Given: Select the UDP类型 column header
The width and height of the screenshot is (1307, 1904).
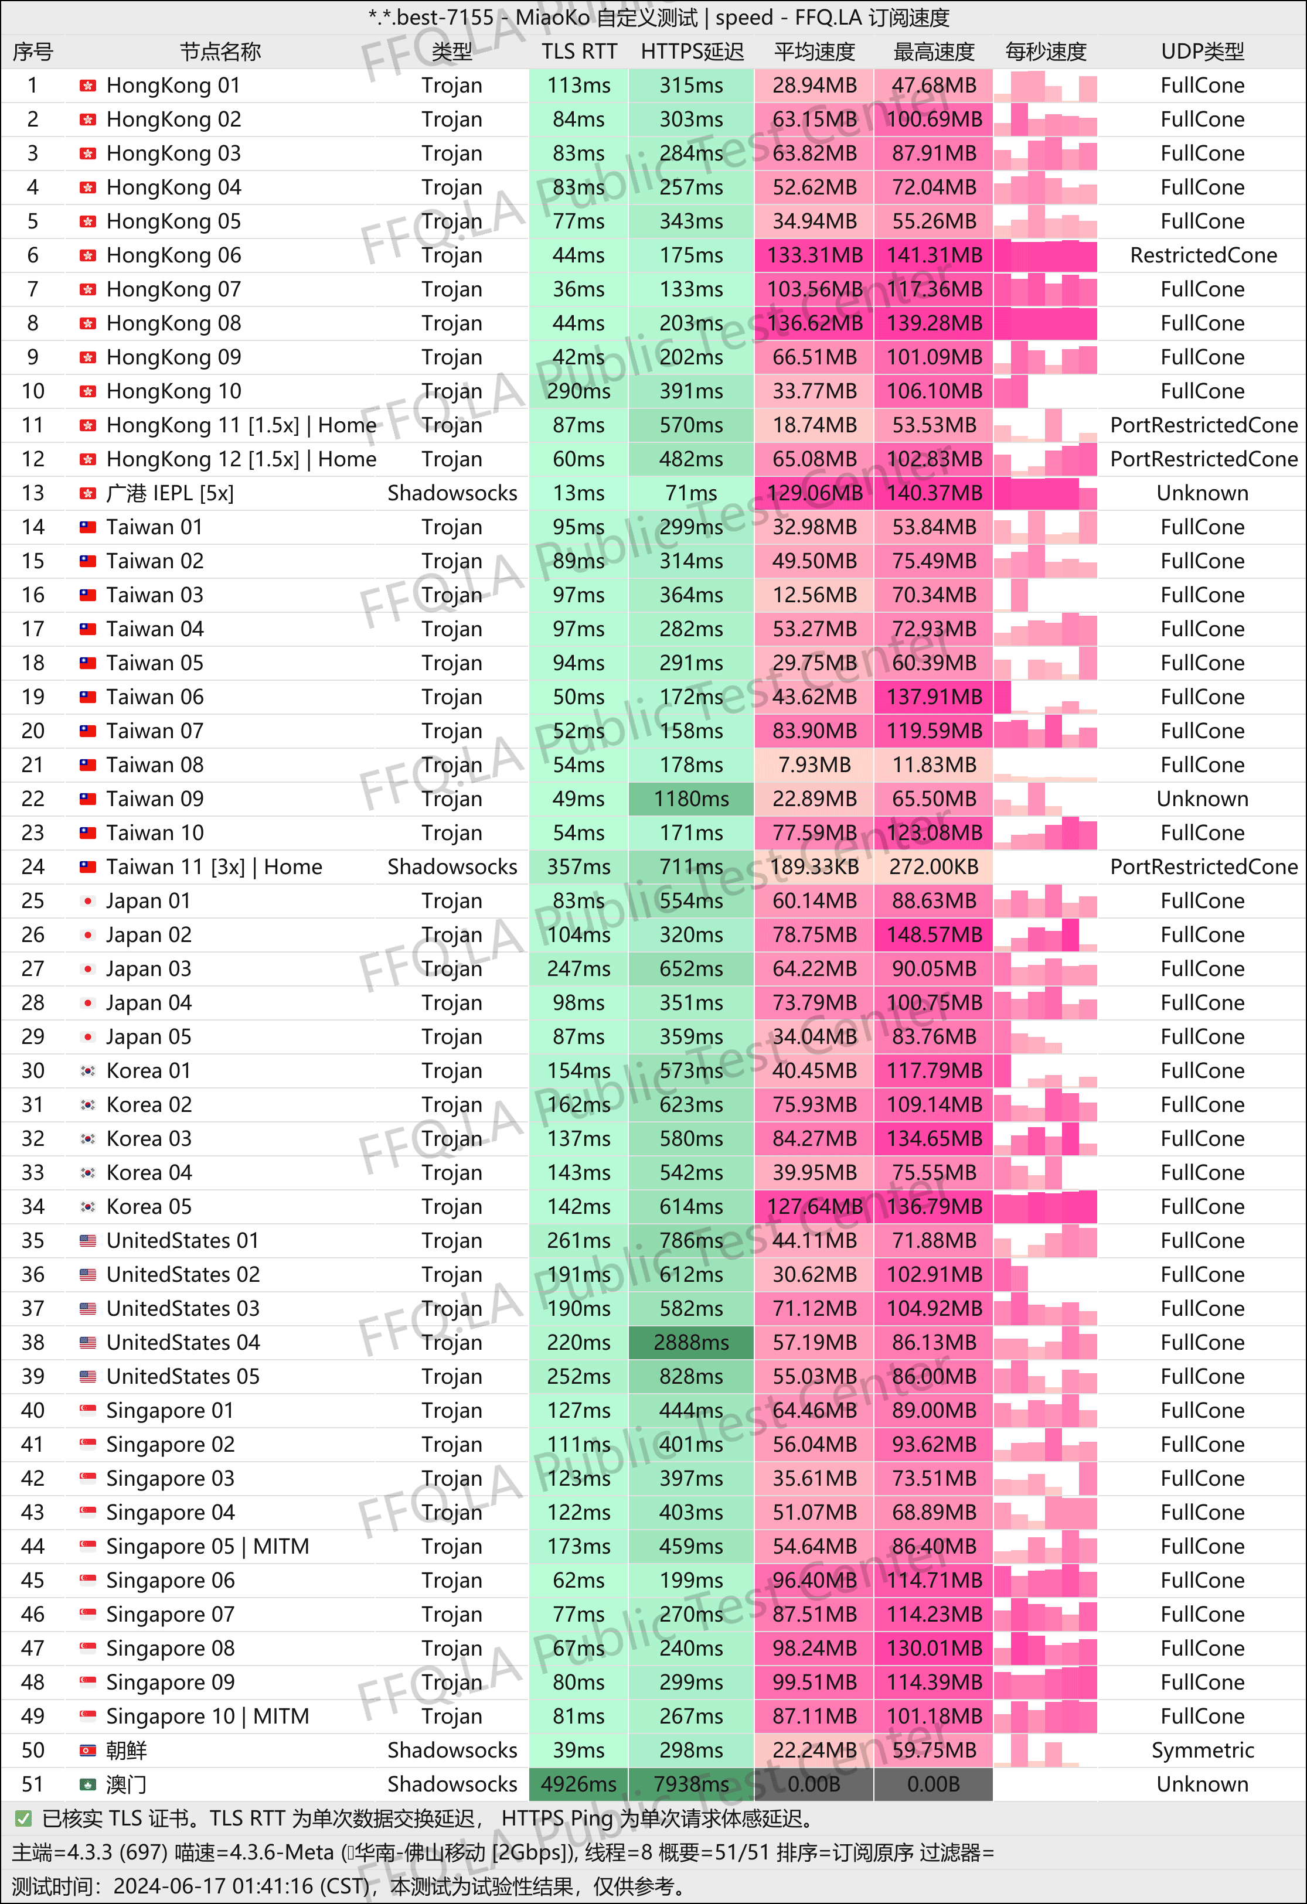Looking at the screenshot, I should pyautogui.click(x=1202, y=52).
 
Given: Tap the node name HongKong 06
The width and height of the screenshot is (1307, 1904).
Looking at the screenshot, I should pyautogui.click(x=173, y=255).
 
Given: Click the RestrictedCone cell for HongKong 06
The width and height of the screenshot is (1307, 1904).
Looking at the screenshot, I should pyautogui.click(x=1203, y=255).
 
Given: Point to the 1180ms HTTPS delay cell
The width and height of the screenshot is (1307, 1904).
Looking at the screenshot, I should pyautogui.click(x=691, y=799).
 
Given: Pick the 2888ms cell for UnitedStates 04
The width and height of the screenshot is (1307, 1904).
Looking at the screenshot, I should pyautogui.click(x=691, y=1343).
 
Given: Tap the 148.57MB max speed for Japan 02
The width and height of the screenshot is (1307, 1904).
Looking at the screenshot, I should pyautogui.click(x=933, y=935).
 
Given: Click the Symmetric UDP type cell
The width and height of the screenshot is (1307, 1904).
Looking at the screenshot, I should pyautogui.click(x=1202, y=1750).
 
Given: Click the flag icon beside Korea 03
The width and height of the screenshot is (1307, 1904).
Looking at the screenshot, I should pyautogui.click(x=88, y=1139).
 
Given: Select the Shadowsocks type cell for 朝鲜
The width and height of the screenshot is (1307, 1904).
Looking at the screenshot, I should pyautogui.click(x=452, y=1750).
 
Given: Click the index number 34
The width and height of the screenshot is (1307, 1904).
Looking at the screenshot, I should pyautogui.click(x=33, y=1207).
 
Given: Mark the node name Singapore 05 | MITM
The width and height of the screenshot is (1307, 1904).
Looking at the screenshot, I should pyautogui.click(x=207, y=1547).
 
